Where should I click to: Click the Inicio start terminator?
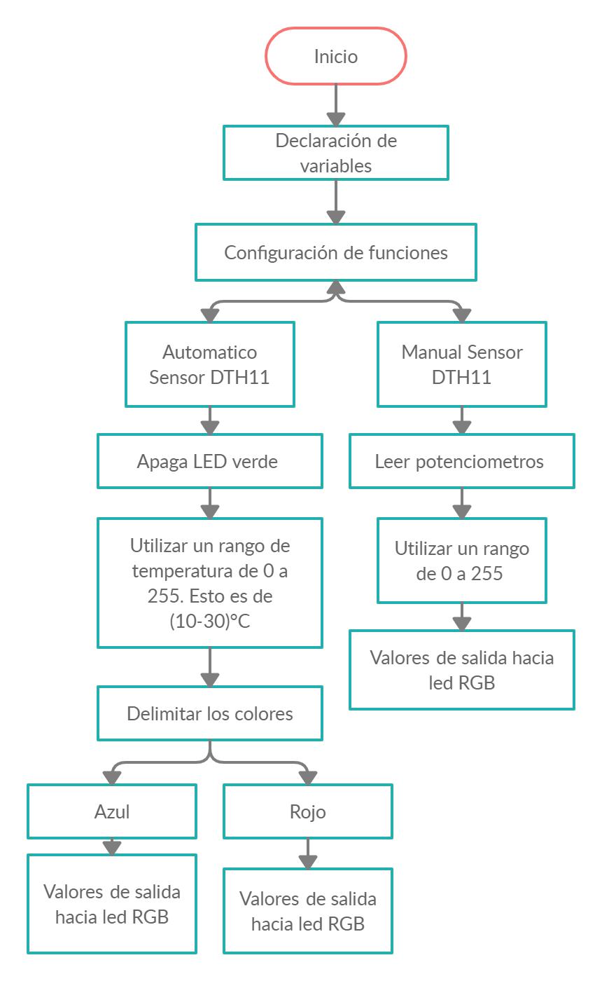[x=336, y=56]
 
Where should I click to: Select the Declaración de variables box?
[x=336, y=153]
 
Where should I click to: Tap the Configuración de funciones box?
[x=336, y=252]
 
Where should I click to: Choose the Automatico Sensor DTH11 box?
[x=210, y=364]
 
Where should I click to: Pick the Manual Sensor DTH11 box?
[x=462, y=364]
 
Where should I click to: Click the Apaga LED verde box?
[x=210, y=462]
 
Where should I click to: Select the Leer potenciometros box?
[x=462, y=462]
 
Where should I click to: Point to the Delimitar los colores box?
[x=210, y=713]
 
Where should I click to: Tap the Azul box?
[x=112, y=811]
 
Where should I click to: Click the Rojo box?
[x=308, y=811]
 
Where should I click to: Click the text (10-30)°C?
[x=210, y=622]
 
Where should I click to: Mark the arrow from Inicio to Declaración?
[x=336, y=105]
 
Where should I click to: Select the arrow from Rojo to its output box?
[x=308, y=853]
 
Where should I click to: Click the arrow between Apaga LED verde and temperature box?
[x=210, y=503]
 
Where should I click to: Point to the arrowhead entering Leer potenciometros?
[x=462, y=427]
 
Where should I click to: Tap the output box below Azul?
[x=112, y=904]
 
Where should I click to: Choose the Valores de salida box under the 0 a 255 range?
[x=462, y=670]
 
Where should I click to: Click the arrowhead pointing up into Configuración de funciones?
[x=336, y=287]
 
